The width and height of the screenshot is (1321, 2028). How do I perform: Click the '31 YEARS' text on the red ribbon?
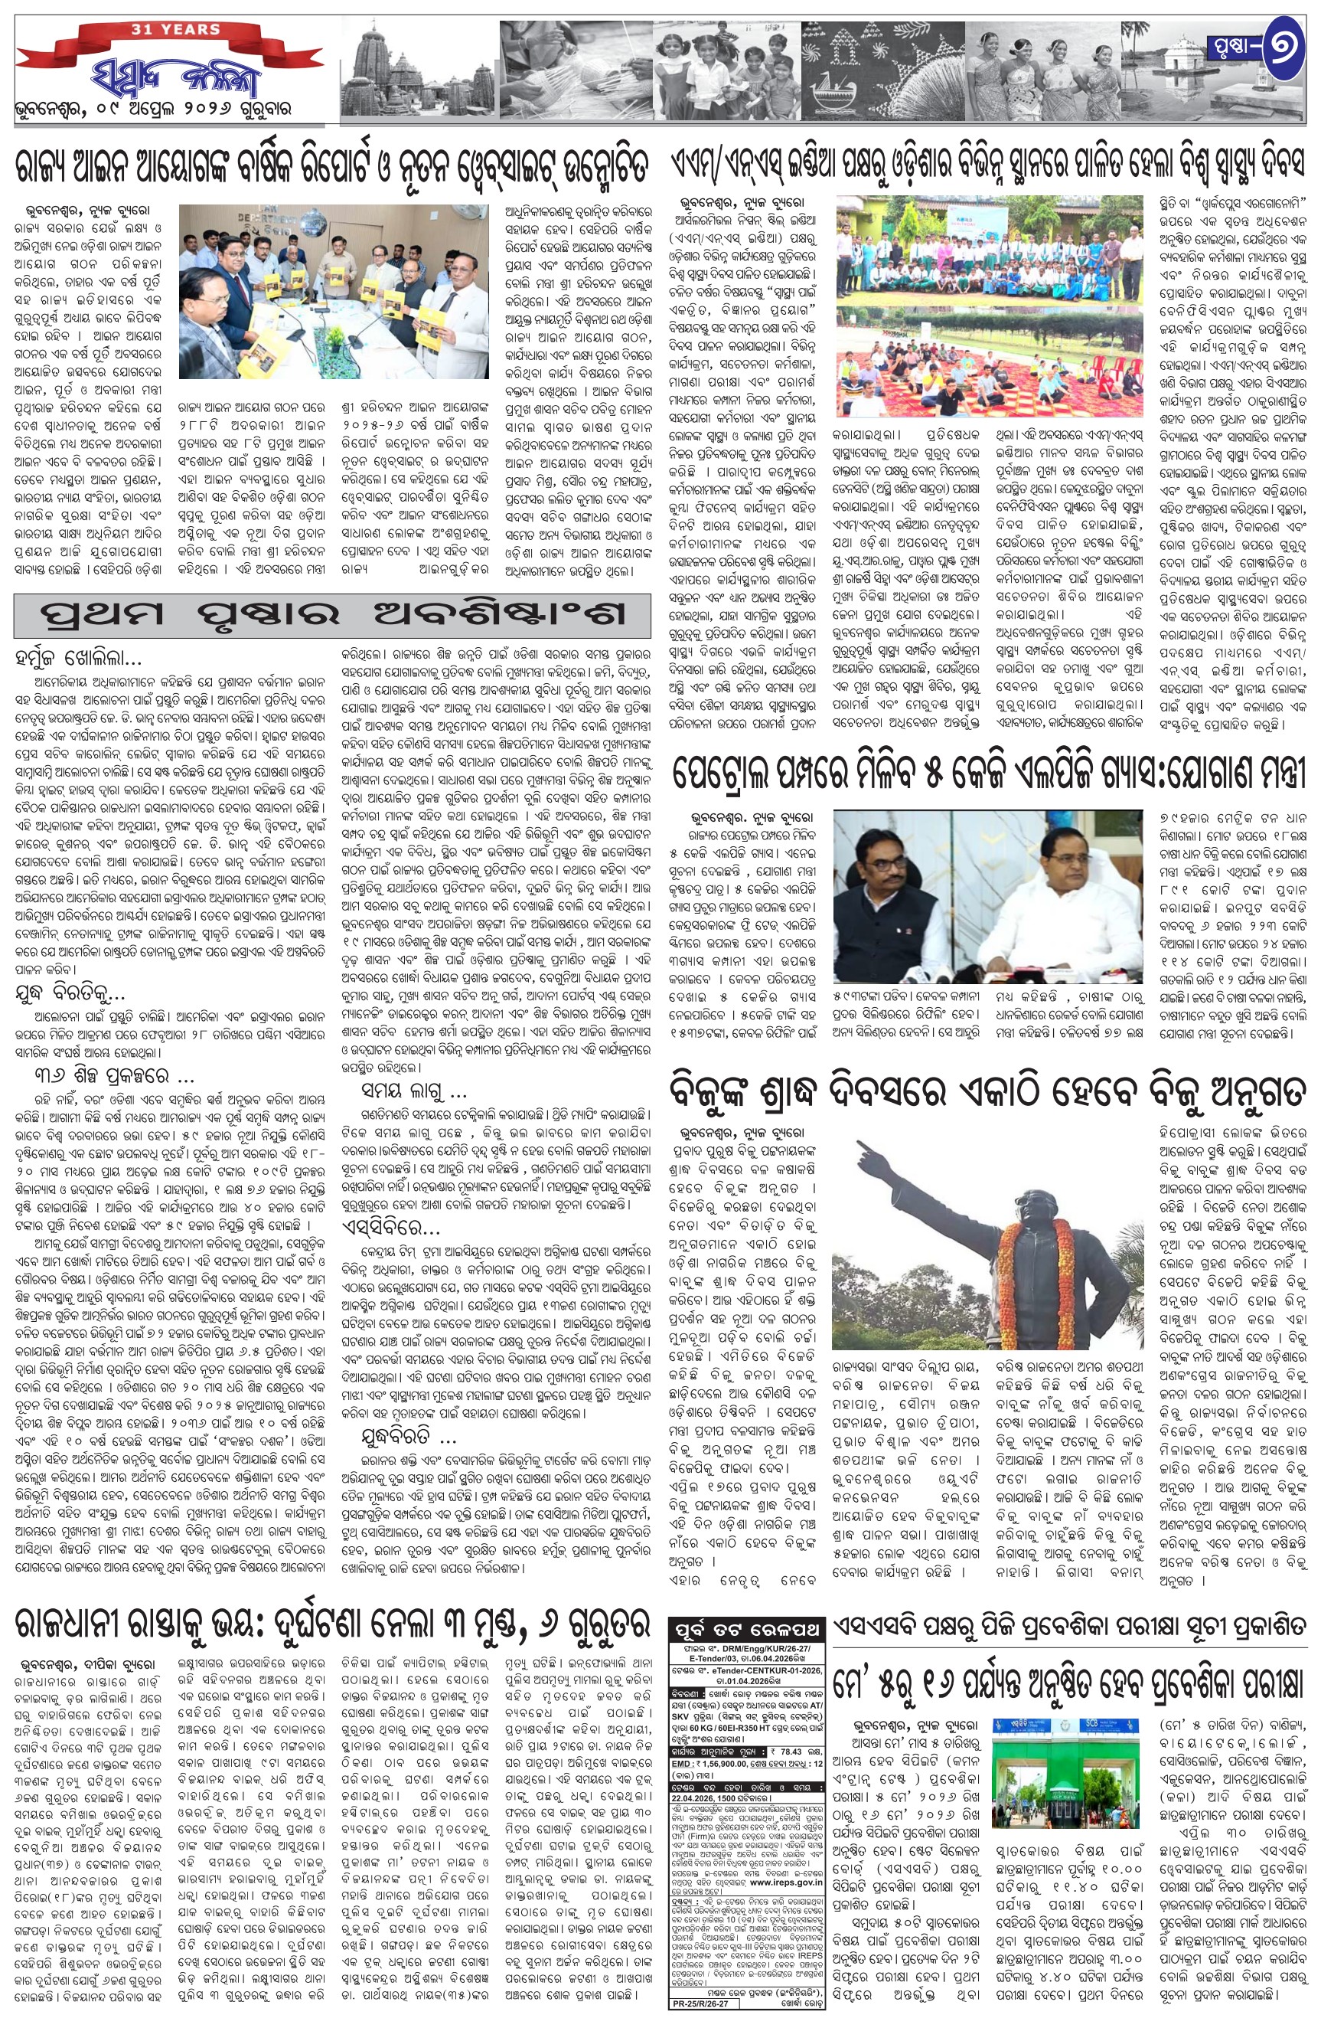click(175, 30)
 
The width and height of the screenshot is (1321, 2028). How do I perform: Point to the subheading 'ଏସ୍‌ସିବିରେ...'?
click(390, 1228)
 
